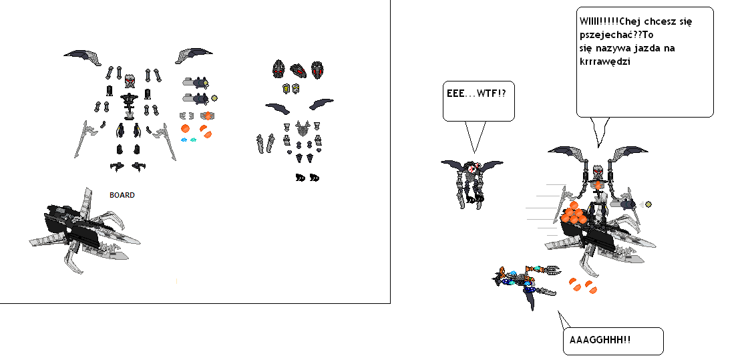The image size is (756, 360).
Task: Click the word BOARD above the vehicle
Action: [x=122, y=195]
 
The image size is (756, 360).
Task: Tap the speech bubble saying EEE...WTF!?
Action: [x=479, y=101]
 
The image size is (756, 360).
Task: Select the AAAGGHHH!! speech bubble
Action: [x=612, y=341]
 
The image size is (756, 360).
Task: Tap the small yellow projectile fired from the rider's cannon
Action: [x=648, y=204]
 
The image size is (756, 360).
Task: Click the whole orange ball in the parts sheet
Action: [x=185, y=128]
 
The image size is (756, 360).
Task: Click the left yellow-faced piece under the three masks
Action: [x=286, y=88]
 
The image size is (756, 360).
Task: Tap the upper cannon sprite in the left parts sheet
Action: [x=195, y=82]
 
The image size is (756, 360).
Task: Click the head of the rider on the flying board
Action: [x=599, y=175]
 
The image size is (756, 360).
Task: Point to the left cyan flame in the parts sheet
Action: [x=184, y=140]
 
